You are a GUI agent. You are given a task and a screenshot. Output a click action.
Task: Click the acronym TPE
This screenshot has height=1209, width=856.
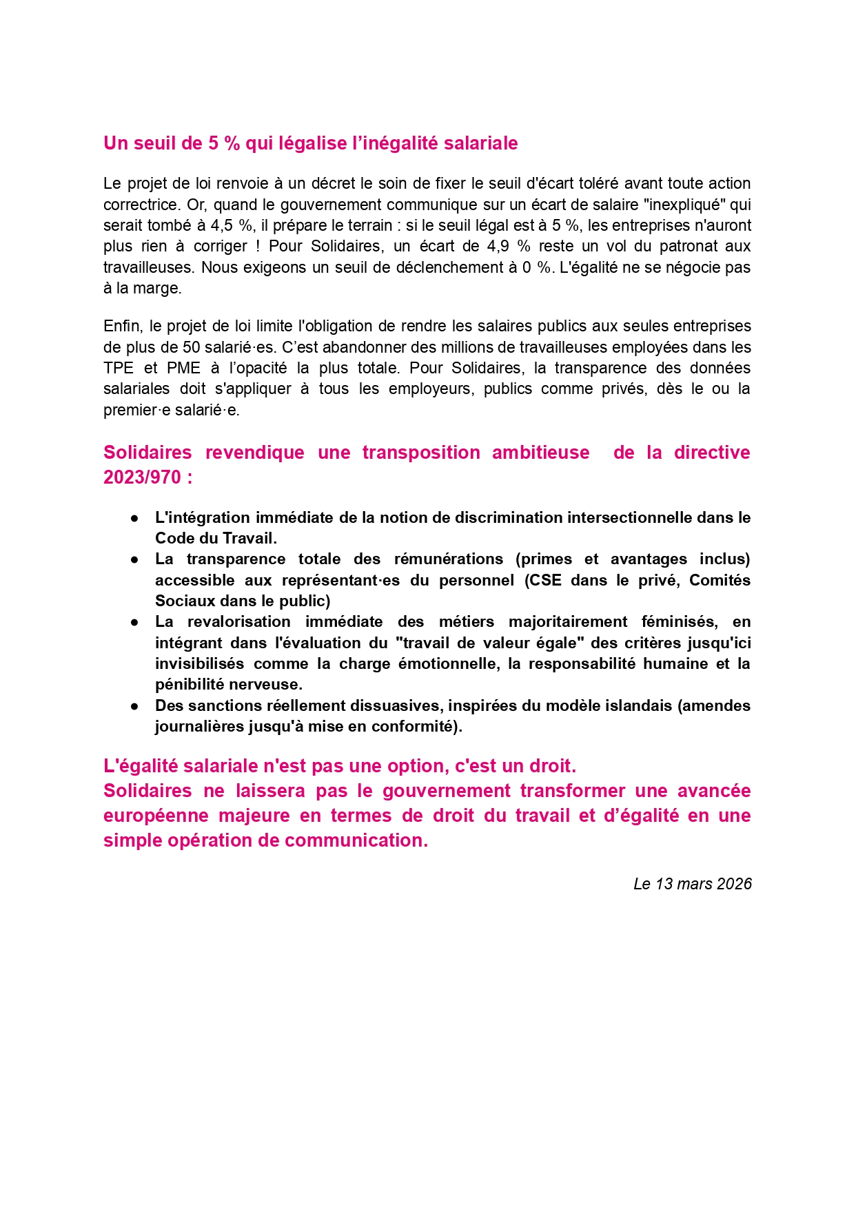click(119, 368)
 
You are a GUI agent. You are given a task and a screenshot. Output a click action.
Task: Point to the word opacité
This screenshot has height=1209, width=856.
click(258, 368)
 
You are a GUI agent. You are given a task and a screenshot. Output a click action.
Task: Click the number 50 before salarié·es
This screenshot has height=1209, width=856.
click(191, 347)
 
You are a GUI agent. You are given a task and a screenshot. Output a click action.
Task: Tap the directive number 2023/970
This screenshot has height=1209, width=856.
click(142, 477)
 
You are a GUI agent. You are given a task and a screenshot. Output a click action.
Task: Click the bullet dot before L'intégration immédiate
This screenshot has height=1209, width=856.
click(135, 518)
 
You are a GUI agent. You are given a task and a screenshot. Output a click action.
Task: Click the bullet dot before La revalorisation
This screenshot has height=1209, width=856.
click(135, 622)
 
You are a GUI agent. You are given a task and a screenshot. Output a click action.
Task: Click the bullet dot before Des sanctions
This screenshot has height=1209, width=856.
click(135, 706)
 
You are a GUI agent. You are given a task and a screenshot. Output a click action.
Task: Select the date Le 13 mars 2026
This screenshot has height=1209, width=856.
click(692, 884)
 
